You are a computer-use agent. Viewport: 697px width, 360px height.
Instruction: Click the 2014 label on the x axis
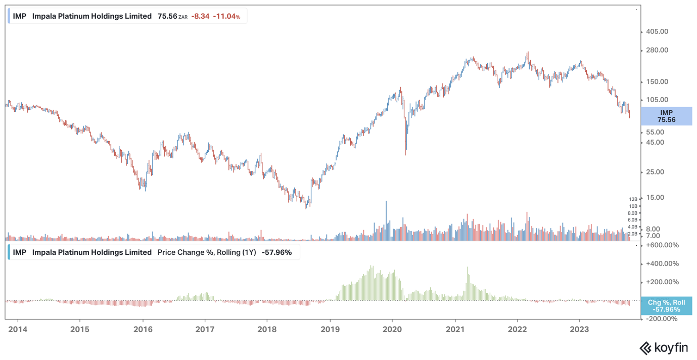(x=18, y=329)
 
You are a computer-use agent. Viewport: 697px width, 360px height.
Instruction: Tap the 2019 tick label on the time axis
(x=330, y=329)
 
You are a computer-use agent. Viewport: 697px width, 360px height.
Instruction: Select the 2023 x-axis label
(x=579, y=329)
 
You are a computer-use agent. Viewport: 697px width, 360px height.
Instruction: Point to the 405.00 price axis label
(x=657, y=31)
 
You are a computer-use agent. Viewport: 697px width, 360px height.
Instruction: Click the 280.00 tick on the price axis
(x=657, y=50)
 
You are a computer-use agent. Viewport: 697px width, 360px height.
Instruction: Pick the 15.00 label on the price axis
(x=655, y=197)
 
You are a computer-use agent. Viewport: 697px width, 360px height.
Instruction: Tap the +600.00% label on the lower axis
(x=662, y=245)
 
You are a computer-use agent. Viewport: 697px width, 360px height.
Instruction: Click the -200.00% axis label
(x=662, y=319)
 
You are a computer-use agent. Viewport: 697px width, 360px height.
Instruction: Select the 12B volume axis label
(x=633, y=199)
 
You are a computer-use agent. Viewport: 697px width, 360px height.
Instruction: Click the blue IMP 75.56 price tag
(x=666, y=116)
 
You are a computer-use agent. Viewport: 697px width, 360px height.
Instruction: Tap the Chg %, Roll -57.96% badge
(x=666, y=306)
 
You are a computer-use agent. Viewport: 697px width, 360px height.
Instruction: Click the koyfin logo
(x=664, y=348)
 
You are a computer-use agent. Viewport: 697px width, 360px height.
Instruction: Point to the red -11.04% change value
(x=226, y=16)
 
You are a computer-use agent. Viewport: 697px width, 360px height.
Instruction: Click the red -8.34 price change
(x=200, y=16)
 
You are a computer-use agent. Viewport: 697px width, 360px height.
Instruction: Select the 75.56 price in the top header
(x=167, y=16)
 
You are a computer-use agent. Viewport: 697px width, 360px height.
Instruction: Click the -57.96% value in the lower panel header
(x=276, y=252)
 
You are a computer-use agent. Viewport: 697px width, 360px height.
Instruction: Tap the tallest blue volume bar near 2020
(x=386, y=220)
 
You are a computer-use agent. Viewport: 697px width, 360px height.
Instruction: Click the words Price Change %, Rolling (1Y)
(x=207, y=252)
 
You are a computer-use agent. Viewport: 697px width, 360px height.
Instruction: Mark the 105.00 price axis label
(x=657, y=100)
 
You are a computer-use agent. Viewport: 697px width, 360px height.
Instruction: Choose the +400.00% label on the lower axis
(x=662, y=263)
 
